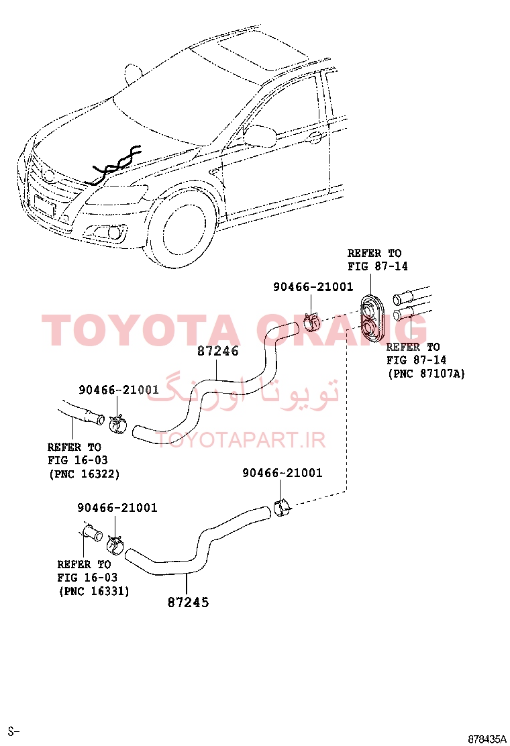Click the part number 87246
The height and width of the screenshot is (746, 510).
(x=218, y=351)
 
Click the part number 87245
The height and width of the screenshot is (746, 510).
(x=189, y=602)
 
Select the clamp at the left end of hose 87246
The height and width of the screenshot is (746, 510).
(x=117, y=423)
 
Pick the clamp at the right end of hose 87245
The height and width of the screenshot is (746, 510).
(x=282, y=507)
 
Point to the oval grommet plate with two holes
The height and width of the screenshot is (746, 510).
(x=370, y=316)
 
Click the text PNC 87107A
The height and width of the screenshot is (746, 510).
(x=426, y=374)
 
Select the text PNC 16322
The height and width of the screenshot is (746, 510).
(x=84, y=474)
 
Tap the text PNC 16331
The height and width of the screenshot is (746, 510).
(x=94, y=591)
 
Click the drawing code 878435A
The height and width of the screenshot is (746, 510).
(x=487, y=739)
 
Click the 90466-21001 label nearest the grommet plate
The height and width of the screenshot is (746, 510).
(x=313, y=287)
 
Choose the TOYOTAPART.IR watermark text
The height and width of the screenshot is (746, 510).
(x=241, y=439)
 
